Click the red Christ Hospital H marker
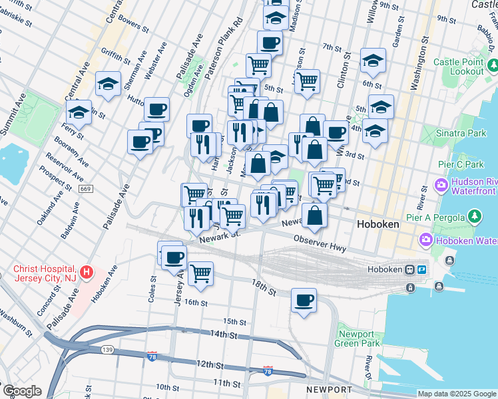(x=86, y=272)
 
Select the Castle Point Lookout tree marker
(x=493, y=65)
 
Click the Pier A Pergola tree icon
(x=474, y=216)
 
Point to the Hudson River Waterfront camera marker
(x=440, y=184)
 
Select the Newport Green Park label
(x=358, y=338)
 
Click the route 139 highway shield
(x=107, y=349)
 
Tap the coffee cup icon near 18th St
(x=304, y=301)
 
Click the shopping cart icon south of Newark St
(x=200, y=273)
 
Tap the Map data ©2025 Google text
(x=456, y=394)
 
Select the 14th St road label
(x=223, y=334)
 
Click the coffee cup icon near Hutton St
(x=156, y=109)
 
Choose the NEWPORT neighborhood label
(x=328, y=389)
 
